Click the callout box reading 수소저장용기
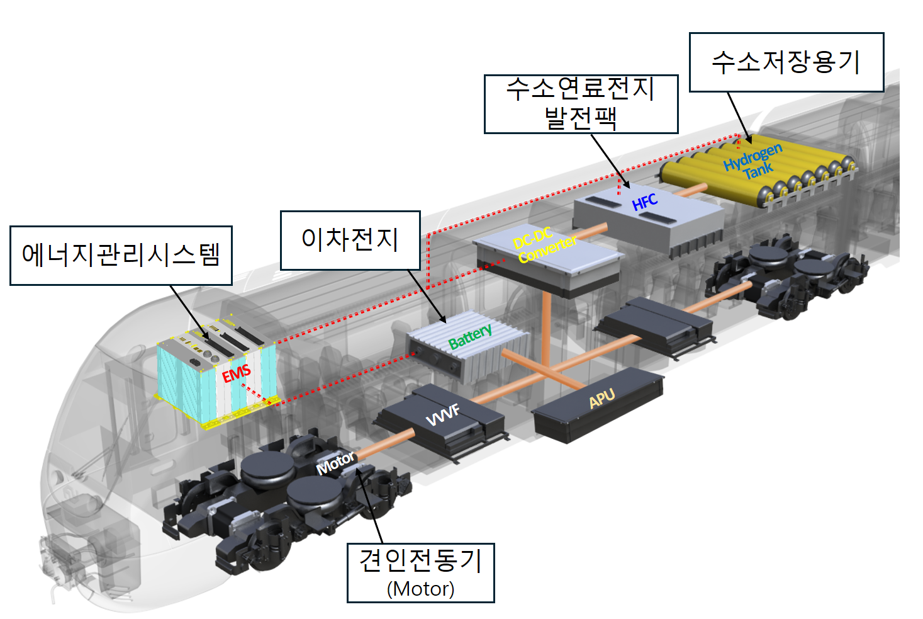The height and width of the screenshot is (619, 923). pyautogui.click(x=786, y=62)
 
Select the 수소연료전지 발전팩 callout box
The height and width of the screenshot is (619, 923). pyautogui.click(x=581, y=104)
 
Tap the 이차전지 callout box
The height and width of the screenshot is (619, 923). pyautogui.click(x=350, y=241)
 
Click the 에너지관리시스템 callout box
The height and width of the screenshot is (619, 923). pyautogui.click(x=121, y=255)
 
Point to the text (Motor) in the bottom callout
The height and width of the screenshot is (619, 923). pyautogui.click(x=421, y=589)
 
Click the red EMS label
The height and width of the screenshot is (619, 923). pyautogui.click(x=236, y=373)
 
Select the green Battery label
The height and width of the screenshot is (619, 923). pyautogui.click(x=470, y=336)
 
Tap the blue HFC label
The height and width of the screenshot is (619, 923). pyautogui.click(x=644, y=202)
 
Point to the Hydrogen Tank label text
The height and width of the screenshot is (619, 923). pyautogui.click(x=754, y=162)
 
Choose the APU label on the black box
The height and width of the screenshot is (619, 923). pyautogui.click(x=601, y=398)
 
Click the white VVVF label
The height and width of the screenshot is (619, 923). pyautogui.click(x=442, y=415)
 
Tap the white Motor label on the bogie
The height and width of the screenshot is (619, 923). pyautogui.click(x=335, y=463)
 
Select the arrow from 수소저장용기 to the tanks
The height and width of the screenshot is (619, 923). pyautogui.click(x=739, y=118)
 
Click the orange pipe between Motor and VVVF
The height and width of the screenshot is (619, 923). pyautogui.click(x=386, y=443)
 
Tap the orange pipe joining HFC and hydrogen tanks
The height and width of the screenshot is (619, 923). pyautogui.click(x=690, y=191)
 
